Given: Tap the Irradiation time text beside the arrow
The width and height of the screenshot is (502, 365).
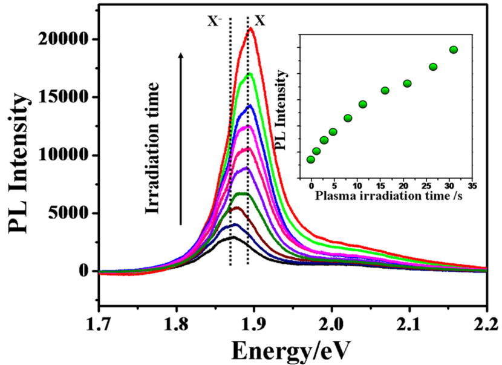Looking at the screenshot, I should pos(154,148).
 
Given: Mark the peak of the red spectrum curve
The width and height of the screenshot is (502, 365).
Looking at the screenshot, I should pos(250,28).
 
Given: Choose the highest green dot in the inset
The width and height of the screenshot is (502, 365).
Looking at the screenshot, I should pos(454,50).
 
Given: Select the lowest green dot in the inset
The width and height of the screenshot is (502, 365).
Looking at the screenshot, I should pos(311,160).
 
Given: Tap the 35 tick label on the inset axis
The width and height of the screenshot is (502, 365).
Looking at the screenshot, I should pos(472,185).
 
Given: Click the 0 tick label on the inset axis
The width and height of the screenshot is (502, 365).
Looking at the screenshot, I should pos(311,185).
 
